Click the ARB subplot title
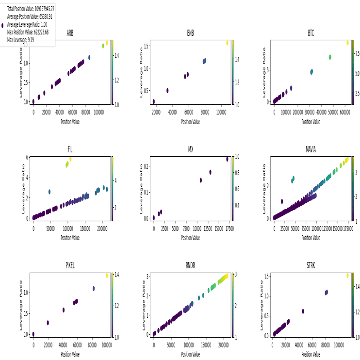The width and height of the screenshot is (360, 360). pyautogui.click(x=70, y=33)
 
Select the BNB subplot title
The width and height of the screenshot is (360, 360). pyautogui.click(x=190, y=33)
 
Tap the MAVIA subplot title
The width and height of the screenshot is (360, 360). pyautogui.click(x=311, y=149)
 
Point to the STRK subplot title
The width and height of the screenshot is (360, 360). pyautogui.click(x=311, y=266)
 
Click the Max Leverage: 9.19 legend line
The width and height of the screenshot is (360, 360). pyautogui.click(x=20, y=40)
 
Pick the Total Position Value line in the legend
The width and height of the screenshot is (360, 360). pyautogui.click(x=31, y=9)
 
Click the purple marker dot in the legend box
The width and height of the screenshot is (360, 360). pyautogui.click(x=3, y=25)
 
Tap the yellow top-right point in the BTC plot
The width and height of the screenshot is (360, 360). pyautogui.click(x=347, y=43)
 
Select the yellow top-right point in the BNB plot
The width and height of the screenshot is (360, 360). pyautogui.click(x=227, y=43)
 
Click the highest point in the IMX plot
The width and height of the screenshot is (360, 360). pyautogui.click(x=227, y=159)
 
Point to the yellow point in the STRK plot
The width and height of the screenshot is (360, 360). pyautogui.click(x=347, y=276)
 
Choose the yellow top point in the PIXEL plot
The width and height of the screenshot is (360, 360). pyautogui.click(x=107, y=276)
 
